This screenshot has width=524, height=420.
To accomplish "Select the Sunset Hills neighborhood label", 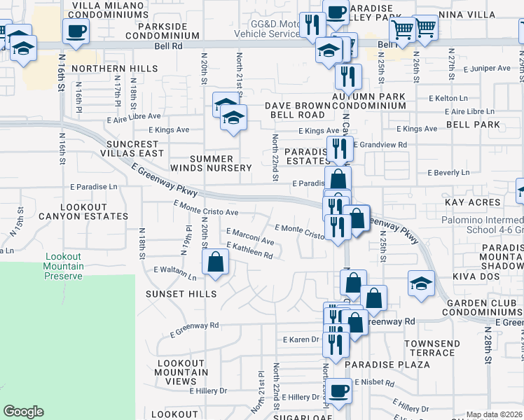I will (x=181, y=294).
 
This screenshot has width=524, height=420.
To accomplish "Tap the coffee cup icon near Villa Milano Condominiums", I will (x=76, y=31).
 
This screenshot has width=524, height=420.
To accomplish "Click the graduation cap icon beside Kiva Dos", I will (x=421, y=284).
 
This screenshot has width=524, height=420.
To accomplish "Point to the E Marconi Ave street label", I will (x=250, y=237).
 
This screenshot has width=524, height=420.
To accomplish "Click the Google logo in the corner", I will (x=23, y=412).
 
